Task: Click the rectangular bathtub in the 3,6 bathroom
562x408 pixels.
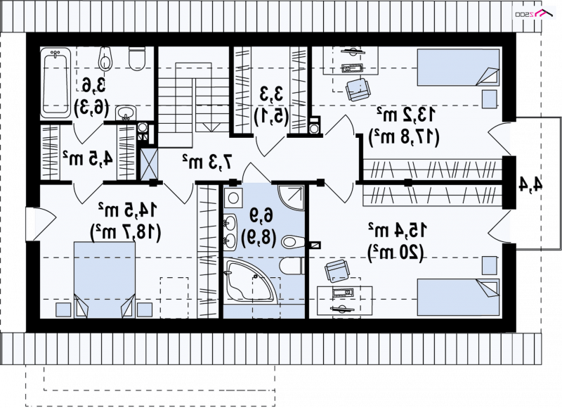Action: pyautogui.click(x=55, y=84)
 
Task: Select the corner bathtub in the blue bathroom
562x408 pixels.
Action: pyautogui.click(x=250, y=280)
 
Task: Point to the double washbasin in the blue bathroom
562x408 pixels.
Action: pyautogui.click(x=230, y=232)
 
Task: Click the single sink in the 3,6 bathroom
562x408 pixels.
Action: pyautogui.click(x=126, y=113)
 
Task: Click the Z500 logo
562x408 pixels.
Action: pyautogui.click(x=533, y=13)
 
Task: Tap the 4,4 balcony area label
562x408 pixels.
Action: pyautogui.click(x=530, y=184)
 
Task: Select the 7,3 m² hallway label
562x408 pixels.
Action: pyautogui.click(x=207, y=162)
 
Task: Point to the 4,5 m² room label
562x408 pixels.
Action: pyautogui.click(x=88, y=158)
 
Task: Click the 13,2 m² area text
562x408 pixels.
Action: pyautogui.click(x=407, y=115)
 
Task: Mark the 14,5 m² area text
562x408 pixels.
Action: pyautogui.click(x=128, y=210)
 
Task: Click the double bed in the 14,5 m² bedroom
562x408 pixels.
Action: pyautogui.click(x=105, y=280)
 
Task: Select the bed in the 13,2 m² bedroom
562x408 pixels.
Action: pyautogui.click(x=459, y=68)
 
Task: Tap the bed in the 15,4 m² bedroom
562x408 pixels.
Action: pyautogui.click(x=459, y=298)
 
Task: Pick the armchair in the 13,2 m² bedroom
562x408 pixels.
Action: pyautogui.click(x=358, y=89)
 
